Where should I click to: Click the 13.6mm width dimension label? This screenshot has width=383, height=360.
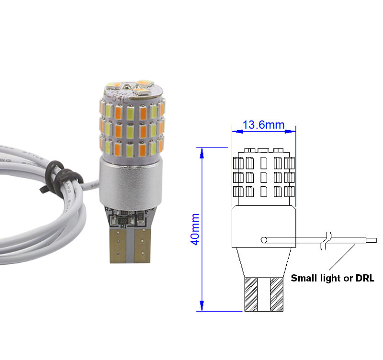[x=264, y=125]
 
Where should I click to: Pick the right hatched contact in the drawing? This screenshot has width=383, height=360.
[x=277, y=294]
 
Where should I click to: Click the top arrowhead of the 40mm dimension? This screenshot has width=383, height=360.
[x=202, y=152]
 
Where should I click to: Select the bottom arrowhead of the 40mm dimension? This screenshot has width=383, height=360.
[x=202, y=306]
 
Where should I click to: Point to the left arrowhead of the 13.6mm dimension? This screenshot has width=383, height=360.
[x=235, y=130]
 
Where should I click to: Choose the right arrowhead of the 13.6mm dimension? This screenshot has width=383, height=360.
[x=293, y=130]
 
